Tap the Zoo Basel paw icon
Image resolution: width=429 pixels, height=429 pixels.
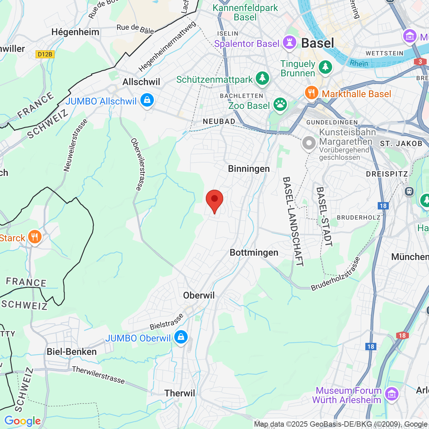(x=280, y=105)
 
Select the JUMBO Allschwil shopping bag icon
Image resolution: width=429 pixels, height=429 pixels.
(x=147, y=100)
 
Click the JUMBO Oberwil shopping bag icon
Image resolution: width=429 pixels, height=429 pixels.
(x=181, y=337)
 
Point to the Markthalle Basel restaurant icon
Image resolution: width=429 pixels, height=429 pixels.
(x=311, y=93)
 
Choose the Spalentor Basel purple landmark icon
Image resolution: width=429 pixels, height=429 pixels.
(x=289, y=43)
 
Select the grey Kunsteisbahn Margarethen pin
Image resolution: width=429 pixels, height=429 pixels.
(x=309, y=143)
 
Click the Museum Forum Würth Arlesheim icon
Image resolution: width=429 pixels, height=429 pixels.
(x=391, y=393)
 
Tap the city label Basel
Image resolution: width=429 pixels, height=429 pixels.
(x=317, y=43)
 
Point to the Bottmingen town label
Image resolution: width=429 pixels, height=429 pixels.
(x=254, y=252)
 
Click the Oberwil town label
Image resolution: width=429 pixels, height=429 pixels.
(x=199, y=295)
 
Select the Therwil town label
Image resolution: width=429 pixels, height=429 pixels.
(x=180, y=393)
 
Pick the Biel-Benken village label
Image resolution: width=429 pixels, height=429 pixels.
(x=72, y=352)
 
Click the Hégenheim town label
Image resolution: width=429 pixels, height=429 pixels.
(x=75, y=32)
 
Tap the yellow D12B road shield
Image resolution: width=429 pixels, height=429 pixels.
(x=45, y=54)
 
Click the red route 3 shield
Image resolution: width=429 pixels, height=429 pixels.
(x=420, y=62)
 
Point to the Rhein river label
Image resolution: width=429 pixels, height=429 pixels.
(x=359, y=63)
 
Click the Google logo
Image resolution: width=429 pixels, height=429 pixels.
(x=22, y=421)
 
